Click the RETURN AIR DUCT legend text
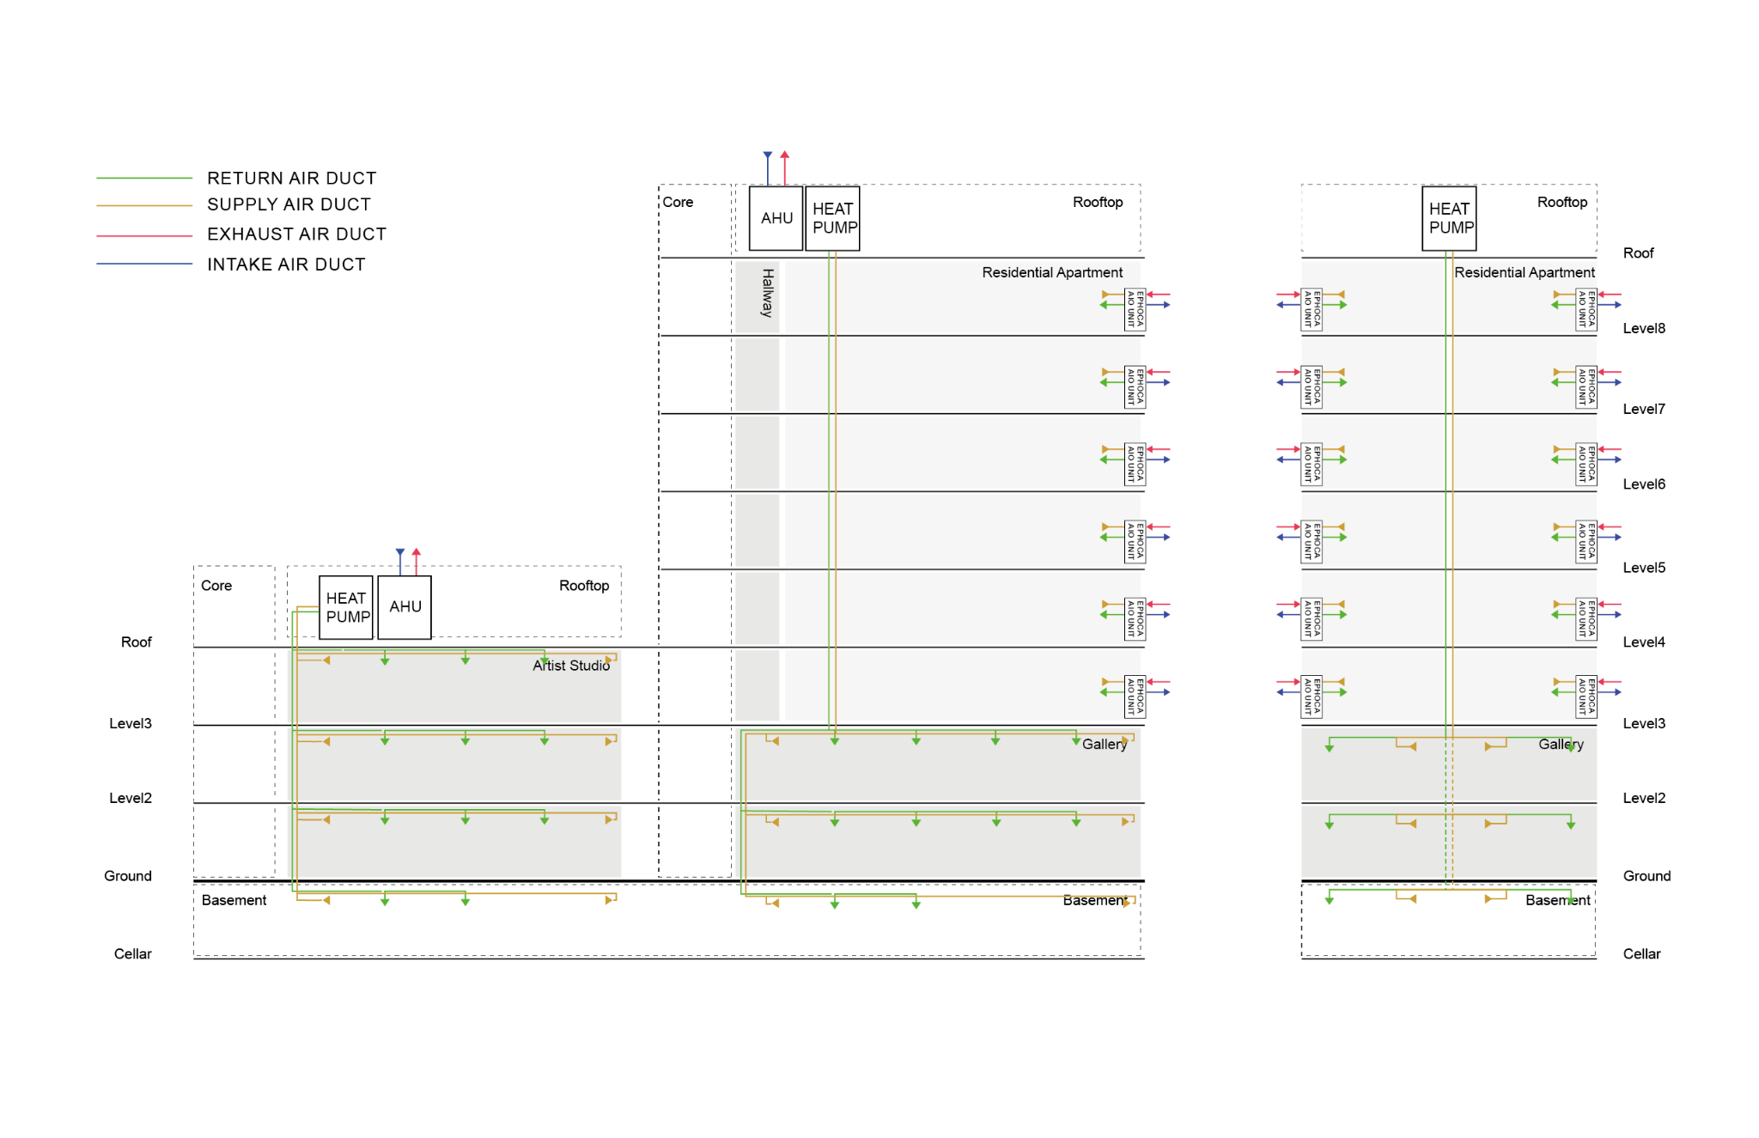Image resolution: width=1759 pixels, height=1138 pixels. click(291, 178)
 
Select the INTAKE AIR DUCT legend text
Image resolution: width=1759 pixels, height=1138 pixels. click(286, 265)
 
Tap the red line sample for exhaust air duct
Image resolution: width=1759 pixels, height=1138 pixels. click(144, 234)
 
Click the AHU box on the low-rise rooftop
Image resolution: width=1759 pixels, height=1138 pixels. click(405, 607)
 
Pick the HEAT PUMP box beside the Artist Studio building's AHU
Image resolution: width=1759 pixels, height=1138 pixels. click(347, 607)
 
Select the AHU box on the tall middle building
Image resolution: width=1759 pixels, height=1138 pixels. click(776, 218)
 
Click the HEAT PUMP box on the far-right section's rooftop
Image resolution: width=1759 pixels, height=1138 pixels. click(1450, 218)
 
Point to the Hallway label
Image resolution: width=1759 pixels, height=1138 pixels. click(767, 293)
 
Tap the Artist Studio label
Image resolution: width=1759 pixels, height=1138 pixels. click(571, 666)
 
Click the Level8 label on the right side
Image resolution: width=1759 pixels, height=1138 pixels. click(1644, 328)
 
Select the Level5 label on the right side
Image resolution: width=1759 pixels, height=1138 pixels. click(1644, 568)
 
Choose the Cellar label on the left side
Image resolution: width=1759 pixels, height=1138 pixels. click(132, 954)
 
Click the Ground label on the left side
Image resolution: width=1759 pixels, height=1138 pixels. click(128, 876)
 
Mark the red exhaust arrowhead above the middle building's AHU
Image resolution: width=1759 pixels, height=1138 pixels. click(784, 155)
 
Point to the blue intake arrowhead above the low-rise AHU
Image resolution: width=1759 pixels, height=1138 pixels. click(400, 552)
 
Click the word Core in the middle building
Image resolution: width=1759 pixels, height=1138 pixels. click(678, 202)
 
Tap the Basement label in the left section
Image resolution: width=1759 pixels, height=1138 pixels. click(234, 900)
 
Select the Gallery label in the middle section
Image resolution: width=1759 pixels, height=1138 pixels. click(1104, 744)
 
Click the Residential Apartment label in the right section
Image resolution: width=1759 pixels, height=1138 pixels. click(1524, 272)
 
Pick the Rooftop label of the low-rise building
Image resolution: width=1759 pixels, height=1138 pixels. click(584, 586)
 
